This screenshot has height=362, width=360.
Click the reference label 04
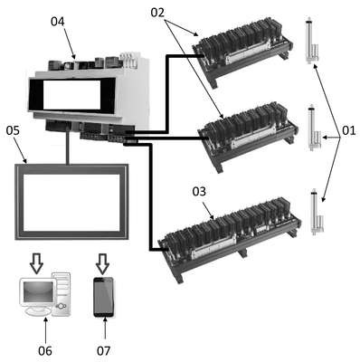(57, 22)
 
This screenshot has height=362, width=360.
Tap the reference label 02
(157, 13)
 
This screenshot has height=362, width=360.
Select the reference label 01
(349, 131)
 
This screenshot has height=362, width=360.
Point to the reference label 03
(199, 191)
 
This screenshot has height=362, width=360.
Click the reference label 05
(13, 130)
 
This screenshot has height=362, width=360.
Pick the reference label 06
(45, 351)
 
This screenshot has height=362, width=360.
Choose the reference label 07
(104, 351)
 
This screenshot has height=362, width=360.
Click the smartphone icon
(103, 297)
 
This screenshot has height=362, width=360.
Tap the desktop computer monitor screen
(38, 292)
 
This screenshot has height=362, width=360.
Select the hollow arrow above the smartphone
(103, 263)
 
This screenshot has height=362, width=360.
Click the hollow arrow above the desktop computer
(36, 263)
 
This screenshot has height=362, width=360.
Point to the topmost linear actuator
(311, 41)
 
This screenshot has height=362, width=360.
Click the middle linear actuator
(313, 128)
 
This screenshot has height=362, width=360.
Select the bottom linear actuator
(316, 211)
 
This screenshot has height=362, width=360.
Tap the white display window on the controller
(71, 95)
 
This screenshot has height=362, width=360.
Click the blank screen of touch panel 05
(71, 203)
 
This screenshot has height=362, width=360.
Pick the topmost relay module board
(242, 52)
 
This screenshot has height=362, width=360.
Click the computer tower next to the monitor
(62, 293)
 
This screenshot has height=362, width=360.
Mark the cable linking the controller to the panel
(68, 147)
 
